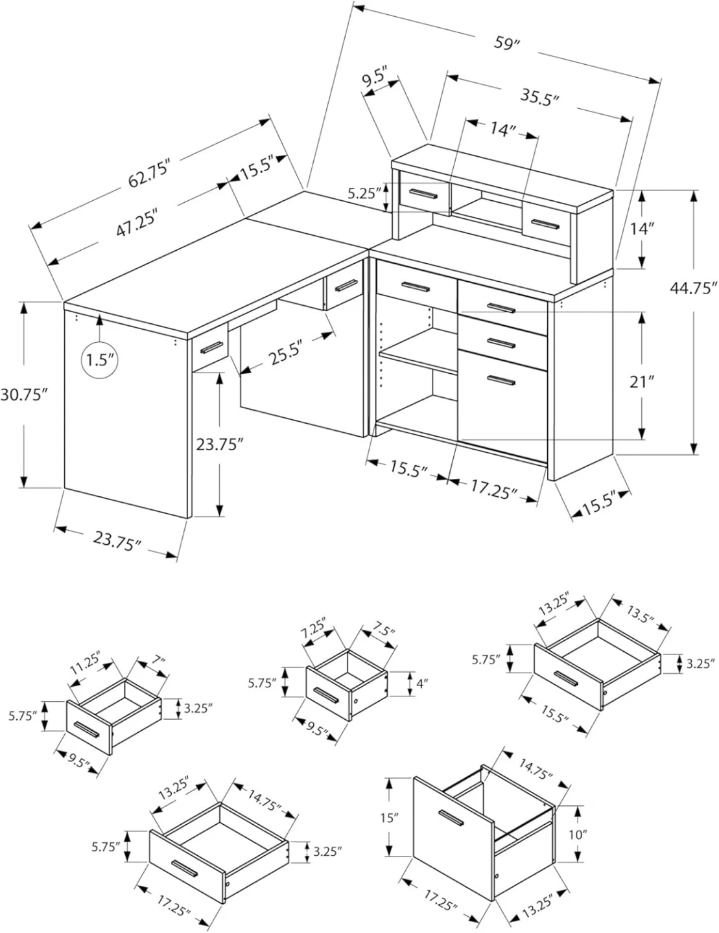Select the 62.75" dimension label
click(x=148, y=174)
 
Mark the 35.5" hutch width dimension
click(x=539, y=97)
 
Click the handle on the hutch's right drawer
click(x=540, y=224)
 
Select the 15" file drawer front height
click(x=388, y=818)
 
